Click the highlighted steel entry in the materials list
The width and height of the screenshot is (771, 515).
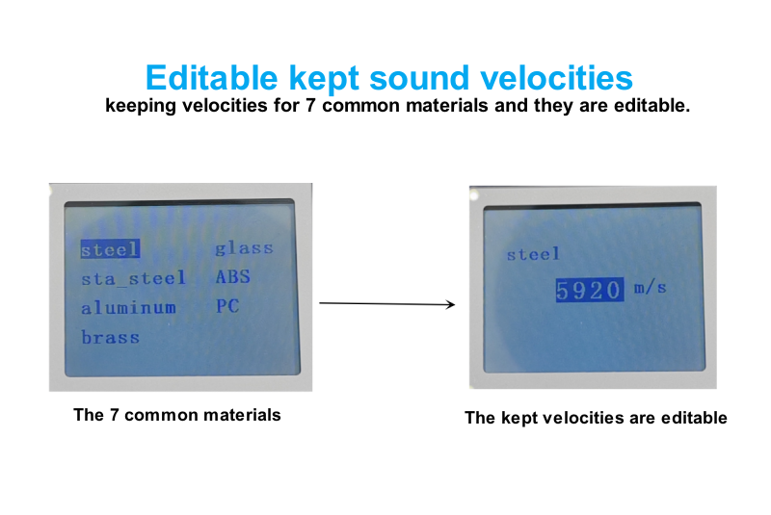[110, 249]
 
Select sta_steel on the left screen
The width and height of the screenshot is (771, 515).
[133, 278]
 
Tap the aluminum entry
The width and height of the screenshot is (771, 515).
[128, 308]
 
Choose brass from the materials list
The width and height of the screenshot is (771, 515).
[110, 337]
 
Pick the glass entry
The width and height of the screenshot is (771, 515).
[244, 248]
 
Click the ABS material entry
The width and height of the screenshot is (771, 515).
[232, 277]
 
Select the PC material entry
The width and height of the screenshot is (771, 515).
[227, 306]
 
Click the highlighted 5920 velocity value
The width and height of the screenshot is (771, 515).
[590, 290]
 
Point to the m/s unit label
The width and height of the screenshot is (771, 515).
[650, 287]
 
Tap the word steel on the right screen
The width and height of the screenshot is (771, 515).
[533, 254]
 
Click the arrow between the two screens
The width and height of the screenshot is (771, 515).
[387, 304]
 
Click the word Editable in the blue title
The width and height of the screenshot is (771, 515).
[212, 78]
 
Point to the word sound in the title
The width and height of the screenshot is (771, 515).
[419, 79]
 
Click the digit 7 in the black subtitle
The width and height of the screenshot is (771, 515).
[310, 106]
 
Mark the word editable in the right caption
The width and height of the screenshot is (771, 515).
[694, 418]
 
